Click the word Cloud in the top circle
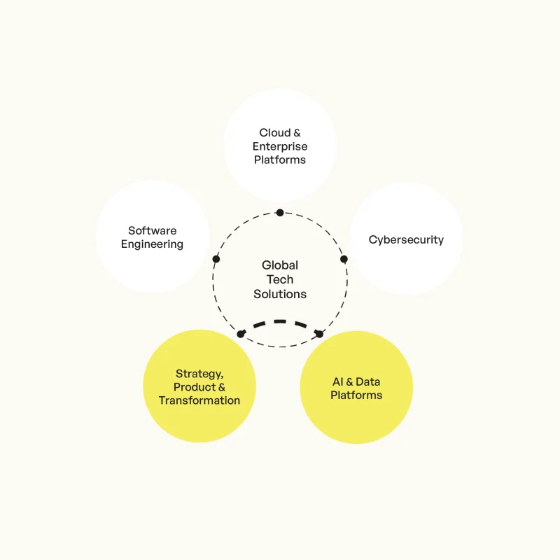(274, 132)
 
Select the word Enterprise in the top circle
(280, 146)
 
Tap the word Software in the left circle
(152, 230)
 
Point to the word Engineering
(152, 244)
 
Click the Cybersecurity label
(406, 239)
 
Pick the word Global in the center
(280, 265)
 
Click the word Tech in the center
(280, 279)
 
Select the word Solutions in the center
(280, 294)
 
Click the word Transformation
(199, 400)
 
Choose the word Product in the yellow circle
(195, 387)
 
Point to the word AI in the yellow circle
(338, 381)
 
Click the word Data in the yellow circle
(368, 381)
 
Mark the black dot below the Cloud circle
(280, 213)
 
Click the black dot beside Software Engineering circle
(216, 259)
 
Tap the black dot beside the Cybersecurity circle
(344, 259)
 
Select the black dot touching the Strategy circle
(241, 334)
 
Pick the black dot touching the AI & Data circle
(319, 334)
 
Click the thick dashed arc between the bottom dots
(280, 321)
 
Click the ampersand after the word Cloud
(297, 133)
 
